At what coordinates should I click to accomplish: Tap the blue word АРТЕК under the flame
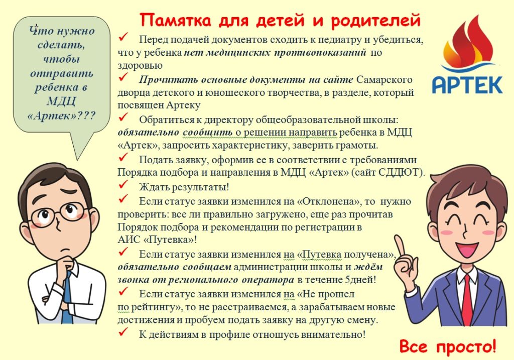click(x=467, y=84)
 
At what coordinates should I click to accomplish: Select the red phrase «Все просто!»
click(x=448, y=347)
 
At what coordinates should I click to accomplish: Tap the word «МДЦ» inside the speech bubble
click(x=61, y=101)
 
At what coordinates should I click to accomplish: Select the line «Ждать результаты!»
click(x=184, y=187)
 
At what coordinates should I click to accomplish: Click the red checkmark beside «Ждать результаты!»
click(x=123, y=185)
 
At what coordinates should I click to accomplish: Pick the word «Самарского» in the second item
click(x=384, y=80)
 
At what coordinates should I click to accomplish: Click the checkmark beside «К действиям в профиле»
click(x=123, y=332)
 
